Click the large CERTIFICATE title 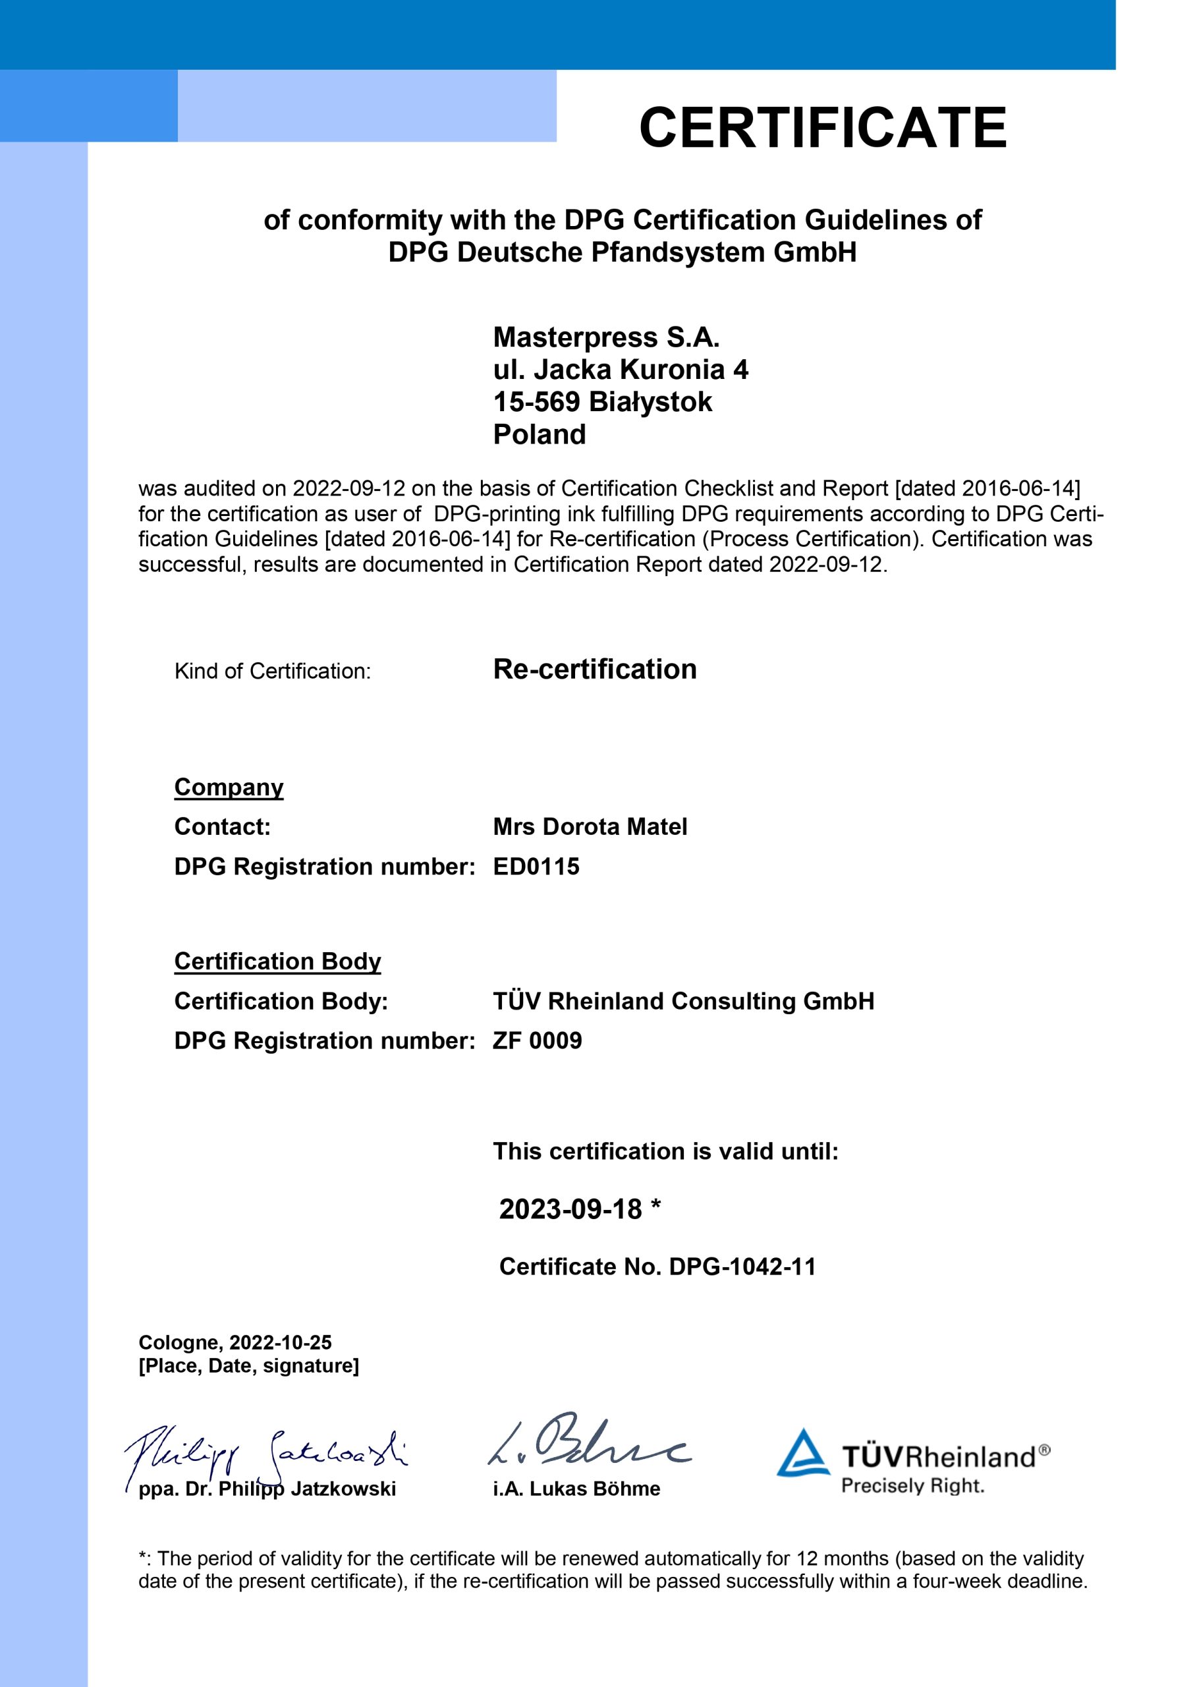coord(822,127)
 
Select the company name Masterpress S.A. coord(606,337)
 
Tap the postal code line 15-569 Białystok coord(602,402)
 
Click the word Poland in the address coord(540,434)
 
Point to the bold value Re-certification coord(594,670)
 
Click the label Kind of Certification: coord(273,671)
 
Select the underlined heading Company coord(229,787)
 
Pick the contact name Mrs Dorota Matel coord(590,826)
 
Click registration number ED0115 coord(536,867)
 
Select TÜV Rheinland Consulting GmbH coord(683,1001)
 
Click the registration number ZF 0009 coord(537,1041)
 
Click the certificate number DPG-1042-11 coord(742,1267)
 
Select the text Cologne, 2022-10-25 coord(235,1342)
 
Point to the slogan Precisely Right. coord(912,1485)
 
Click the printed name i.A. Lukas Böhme coord(576,1489)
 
